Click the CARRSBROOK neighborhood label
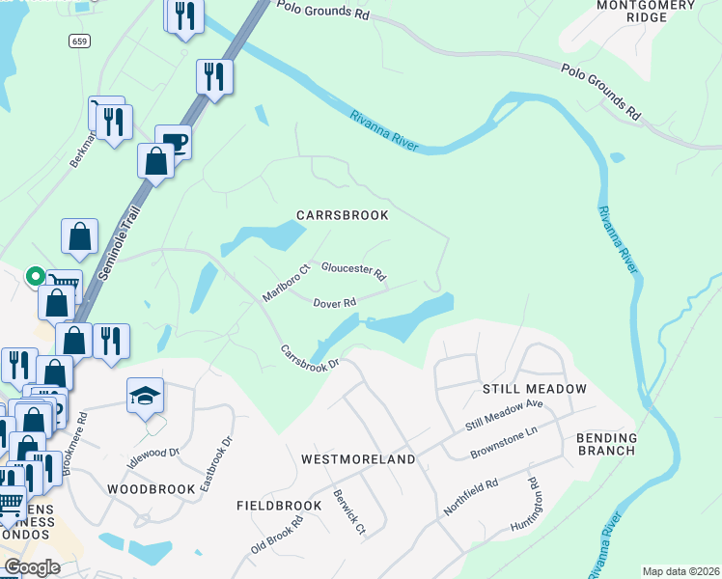342,214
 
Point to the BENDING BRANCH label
606,444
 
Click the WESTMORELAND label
358,459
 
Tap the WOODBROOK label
152,489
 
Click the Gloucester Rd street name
353,271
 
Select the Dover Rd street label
335,302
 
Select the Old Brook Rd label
278,535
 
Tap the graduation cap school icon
145,395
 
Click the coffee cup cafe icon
173,142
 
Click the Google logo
33,566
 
